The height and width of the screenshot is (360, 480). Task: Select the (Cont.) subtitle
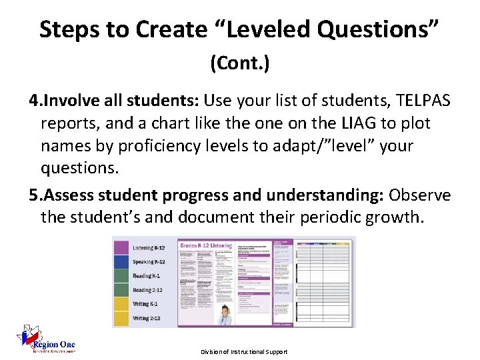point(239,63)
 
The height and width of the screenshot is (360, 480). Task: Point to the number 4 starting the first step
point(34,101)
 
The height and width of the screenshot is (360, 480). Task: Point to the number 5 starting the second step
point(34,195)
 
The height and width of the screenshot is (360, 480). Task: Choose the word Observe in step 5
point(420,195)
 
